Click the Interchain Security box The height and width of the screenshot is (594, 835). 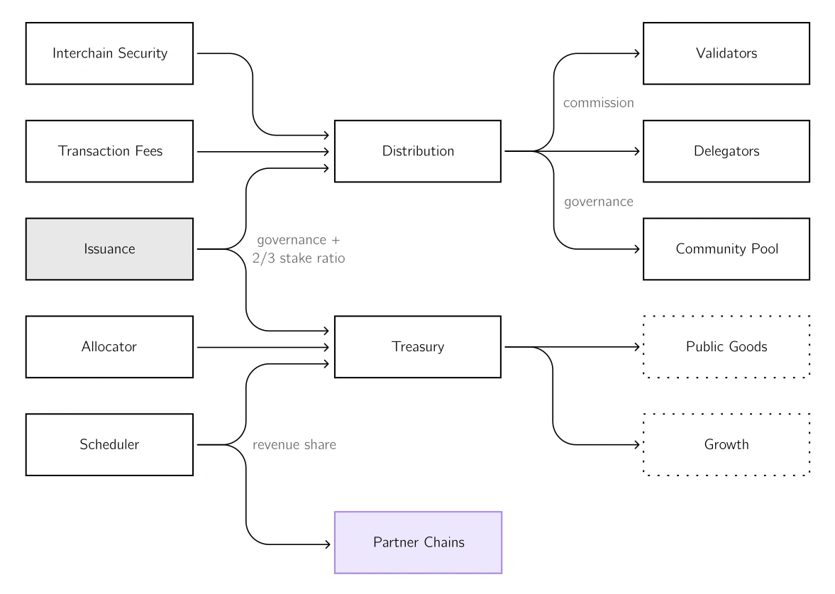point(109,53)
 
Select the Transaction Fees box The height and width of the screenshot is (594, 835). point(109,151)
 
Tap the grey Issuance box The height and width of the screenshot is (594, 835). point(109,249)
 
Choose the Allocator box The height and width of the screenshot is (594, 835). point(109,347)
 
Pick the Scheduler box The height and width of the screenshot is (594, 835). point(109,445)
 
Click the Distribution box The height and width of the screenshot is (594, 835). point(418,151)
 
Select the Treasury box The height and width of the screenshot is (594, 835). point(418,347)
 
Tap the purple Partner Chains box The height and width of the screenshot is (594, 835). point(418,543)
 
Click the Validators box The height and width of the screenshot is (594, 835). point(726,53)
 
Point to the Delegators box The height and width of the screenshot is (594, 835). point(726,151)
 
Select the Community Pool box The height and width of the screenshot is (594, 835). point(726,249)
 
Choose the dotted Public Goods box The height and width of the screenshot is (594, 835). point(726,347)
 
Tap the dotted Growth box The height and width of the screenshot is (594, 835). point(726,445)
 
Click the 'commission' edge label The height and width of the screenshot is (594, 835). point(598,103)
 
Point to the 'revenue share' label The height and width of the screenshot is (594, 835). point(294,446)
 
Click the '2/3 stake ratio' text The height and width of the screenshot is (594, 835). point(298,259)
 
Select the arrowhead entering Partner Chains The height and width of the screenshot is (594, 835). point(328,544)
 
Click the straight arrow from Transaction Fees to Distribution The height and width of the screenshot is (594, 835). point(262,152)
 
